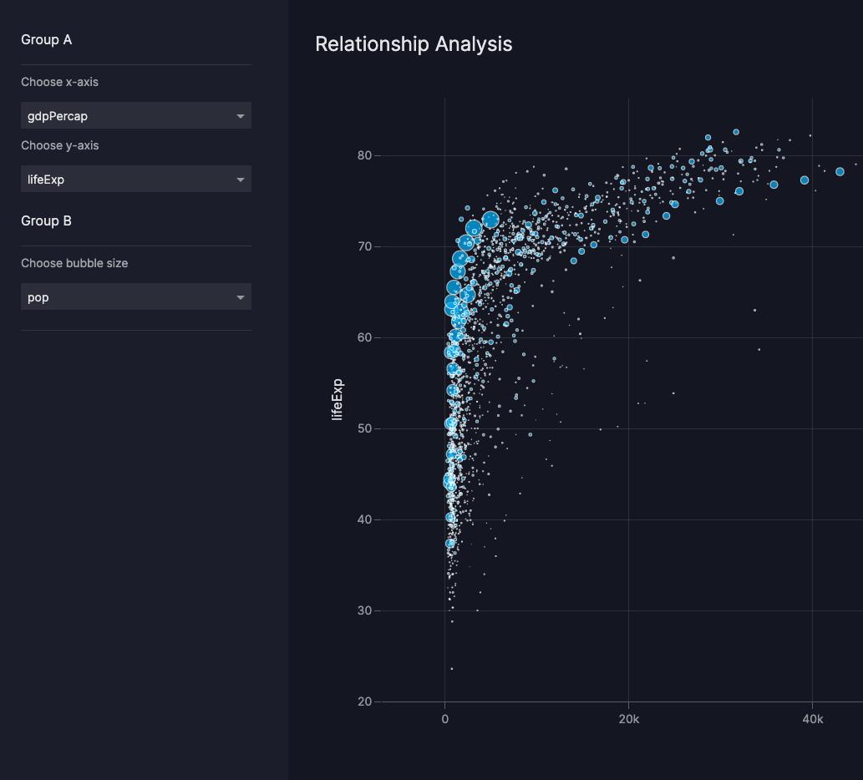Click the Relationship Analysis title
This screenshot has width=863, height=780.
(414, 44)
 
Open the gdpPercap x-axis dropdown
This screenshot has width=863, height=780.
(135, 116)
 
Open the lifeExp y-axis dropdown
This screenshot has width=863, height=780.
(135, 180)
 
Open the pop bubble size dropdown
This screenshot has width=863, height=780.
(135, 297)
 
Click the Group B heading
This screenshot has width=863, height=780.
(46, 221)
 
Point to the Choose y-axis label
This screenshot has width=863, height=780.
(59, 145)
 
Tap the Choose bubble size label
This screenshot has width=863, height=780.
(74, 263)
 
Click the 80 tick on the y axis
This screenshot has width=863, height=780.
(364, 155)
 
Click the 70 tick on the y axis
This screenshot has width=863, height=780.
(364, 246)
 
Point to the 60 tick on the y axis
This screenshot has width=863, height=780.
(364, 337)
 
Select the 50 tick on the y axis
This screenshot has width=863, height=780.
(364, 428)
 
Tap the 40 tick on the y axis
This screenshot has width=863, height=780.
(364, 519)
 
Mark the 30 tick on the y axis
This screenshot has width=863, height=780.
(364, 610)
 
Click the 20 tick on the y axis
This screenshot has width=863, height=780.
(364, 701)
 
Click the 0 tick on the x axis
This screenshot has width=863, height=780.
(444, 718)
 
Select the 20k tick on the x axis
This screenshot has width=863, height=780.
(628, 718)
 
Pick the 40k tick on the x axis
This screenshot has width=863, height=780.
(812, 718)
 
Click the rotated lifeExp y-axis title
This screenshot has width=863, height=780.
(338, 399)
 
